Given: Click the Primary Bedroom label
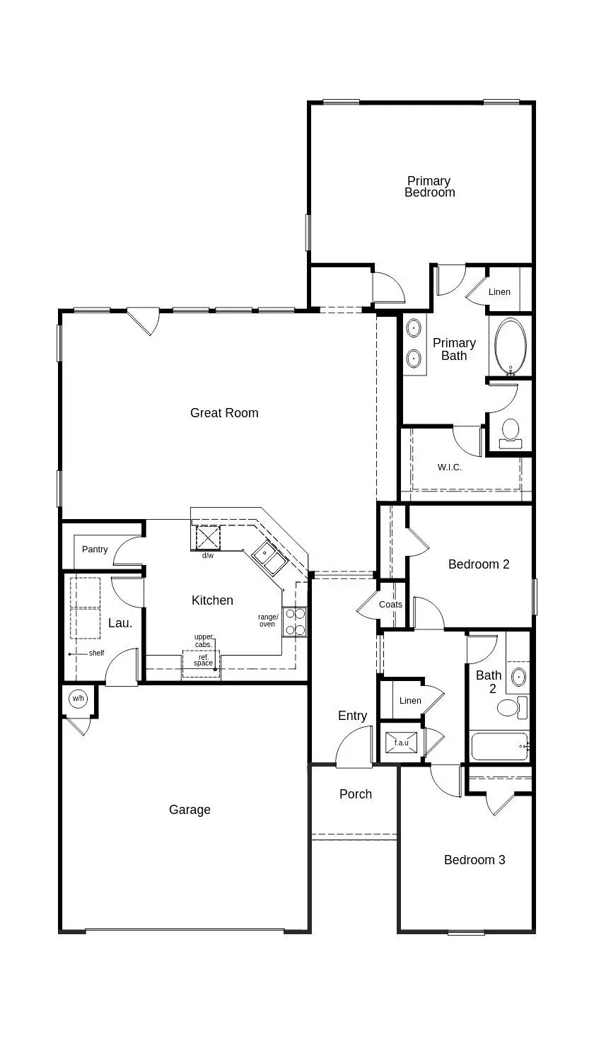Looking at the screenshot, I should (429, 187).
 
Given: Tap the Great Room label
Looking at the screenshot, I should (224, 413).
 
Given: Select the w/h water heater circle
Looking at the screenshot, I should (77, 699).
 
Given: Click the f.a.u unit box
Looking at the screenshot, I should (401, 743).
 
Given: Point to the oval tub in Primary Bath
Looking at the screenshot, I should (510, 347).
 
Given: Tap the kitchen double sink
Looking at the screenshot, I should (269, 559).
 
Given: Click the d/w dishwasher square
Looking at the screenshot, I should (207, 537).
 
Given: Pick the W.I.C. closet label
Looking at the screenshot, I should (449, 467).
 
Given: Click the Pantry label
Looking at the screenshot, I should (95, 549).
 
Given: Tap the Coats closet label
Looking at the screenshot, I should (390, 605).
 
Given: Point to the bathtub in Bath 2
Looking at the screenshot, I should (499, 746).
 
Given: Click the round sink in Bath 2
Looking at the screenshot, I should (518, 677).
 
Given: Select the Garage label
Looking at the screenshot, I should (190, 810).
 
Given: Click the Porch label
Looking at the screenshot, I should (356, 794).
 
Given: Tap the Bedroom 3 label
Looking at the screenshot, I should (474, 860).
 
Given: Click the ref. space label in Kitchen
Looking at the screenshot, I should (203, 659).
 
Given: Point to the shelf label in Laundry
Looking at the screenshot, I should (96, 653).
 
